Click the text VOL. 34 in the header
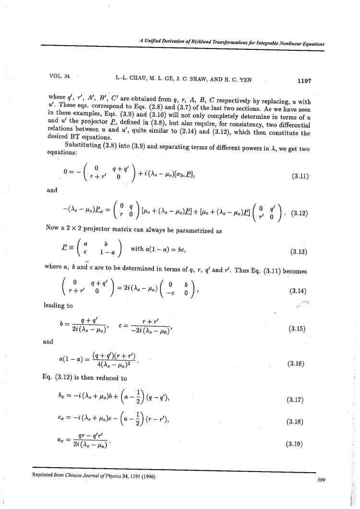[x=59, y=76]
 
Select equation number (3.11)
[x=300, y=176]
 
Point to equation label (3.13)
[x=300, y=252]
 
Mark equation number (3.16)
[x=296, y=364]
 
